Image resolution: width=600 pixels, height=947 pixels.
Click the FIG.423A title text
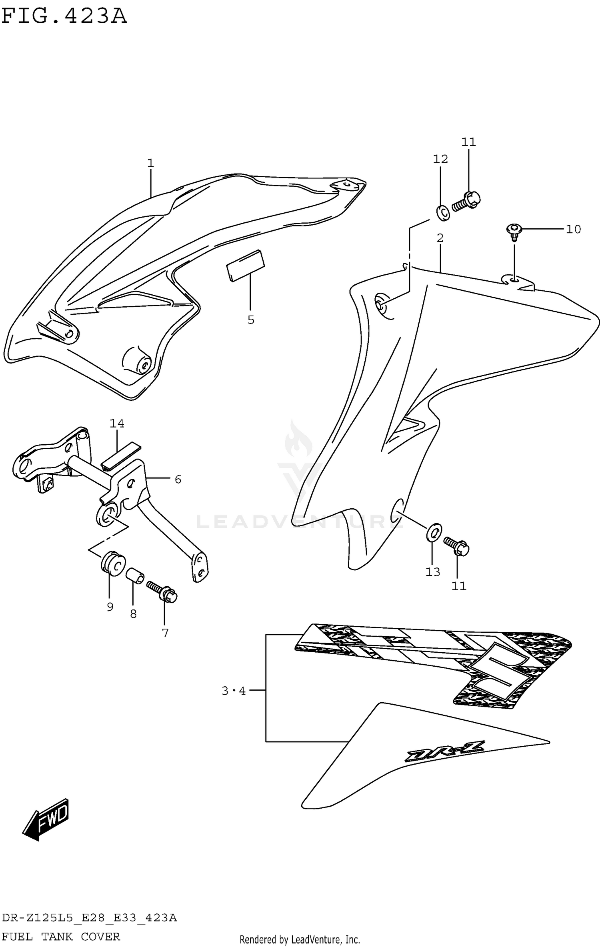(x=64, y=16)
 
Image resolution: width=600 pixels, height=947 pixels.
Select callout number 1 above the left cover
(x=150, y=163)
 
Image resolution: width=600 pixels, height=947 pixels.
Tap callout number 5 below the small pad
(x=251, y=320)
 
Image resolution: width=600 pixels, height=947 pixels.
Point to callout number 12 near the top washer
(x=440, y=159)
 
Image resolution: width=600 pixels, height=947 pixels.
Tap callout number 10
(x=573, y=229)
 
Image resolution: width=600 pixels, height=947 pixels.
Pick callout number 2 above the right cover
(x=440, y=238)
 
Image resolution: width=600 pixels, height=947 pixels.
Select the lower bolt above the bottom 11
(x=456, y=545)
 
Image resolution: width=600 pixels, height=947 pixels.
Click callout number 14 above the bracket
(x=117, y=423)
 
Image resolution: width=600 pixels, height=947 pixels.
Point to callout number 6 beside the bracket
(x=178, y=479)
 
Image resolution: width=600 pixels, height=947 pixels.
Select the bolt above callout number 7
(x=162, y=592)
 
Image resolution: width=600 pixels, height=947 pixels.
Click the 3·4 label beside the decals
(x=234, y=691)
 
